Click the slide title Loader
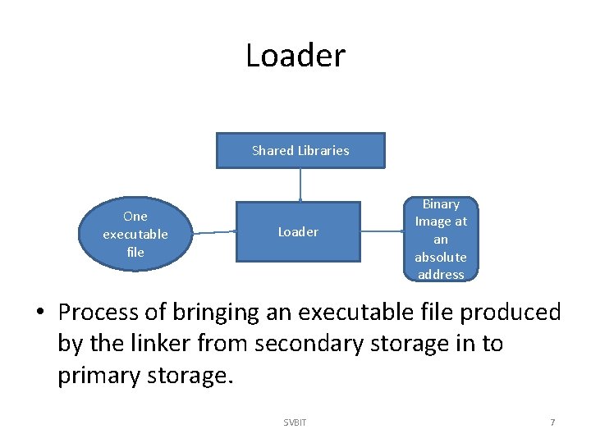[295, 56]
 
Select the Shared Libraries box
[300, 150]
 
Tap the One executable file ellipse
[135, 234]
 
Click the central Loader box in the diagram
[298, 231]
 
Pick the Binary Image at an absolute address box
[441, 239]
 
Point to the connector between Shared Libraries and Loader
[300, 185]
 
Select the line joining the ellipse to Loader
[214, 232]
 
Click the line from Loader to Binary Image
[382, 231]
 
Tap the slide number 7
[552, 422]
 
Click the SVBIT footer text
[295, 422]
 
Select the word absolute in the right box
[441, 257]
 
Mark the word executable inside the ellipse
[135, 234]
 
